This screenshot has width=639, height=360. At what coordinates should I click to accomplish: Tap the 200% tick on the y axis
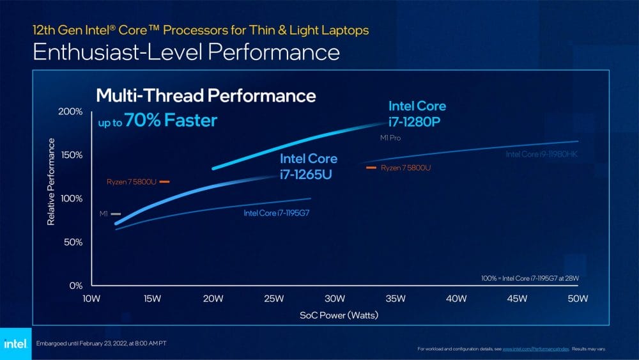pyautogui.click(x=71, y=112)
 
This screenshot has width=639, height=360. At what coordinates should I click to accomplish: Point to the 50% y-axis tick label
pyautogui.click(x=73, y=242)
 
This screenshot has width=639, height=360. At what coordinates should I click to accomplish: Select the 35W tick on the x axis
pyautogui.click(x=395, y=299)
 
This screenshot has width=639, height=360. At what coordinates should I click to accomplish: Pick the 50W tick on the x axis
pyautogui.click(x=578, y=299)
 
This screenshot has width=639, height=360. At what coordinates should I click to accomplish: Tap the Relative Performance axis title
pyautogui.click(x=51, y=181)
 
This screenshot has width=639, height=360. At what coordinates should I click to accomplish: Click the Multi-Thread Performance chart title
pyautogui.click(x=206, y=96)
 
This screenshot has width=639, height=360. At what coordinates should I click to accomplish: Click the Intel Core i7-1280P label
pyautogui.click(x=417, y=113)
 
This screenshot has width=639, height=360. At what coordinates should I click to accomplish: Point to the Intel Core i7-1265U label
pyautogui.click(x=307, y=166)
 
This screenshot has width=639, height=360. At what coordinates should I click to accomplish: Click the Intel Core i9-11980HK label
pyautogui.click(x=542, y=154)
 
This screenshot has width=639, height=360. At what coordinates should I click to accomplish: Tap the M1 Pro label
pyautogui.click(x=390, y=137)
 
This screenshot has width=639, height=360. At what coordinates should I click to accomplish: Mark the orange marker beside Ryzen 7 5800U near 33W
pyautogui.click(x=370, y=168)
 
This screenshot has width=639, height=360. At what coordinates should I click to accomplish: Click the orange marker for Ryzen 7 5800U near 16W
pyautogui.click(x=164, y=182)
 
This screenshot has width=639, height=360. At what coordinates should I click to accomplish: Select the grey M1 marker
pyautogui.click(x=116, y=214)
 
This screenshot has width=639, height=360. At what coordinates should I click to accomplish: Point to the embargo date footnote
pyautogui.click(x=103, y=343)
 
